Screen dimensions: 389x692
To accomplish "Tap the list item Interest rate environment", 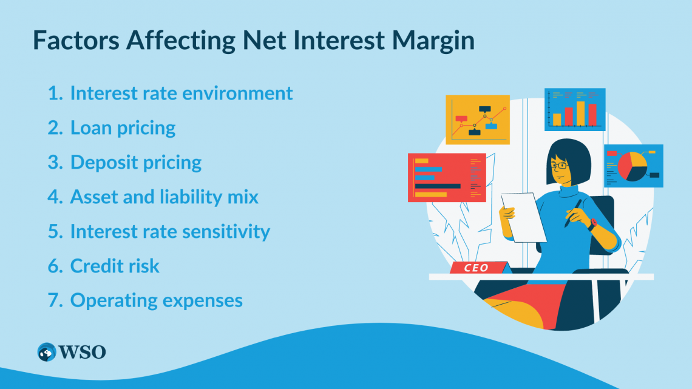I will [181, 93].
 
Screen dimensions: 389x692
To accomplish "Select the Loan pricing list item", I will [123, 128].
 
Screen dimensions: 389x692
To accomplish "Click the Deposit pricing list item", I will [136, 163].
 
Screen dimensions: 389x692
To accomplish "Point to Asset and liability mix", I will [164, 197].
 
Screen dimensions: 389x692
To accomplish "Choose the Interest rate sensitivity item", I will [170, 232].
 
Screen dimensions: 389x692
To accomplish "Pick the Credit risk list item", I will [115, 266].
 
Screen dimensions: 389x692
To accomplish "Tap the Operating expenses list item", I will [156, 301].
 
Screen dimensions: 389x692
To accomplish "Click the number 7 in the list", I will [53, 301].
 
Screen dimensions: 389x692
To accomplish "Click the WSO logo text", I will [83, 352].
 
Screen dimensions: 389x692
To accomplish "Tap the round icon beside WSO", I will [46, 352].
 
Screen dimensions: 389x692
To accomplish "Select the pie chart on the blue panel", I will [633, 166].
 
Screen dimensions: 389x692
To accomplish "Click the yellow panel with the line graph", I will [477, 120].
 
